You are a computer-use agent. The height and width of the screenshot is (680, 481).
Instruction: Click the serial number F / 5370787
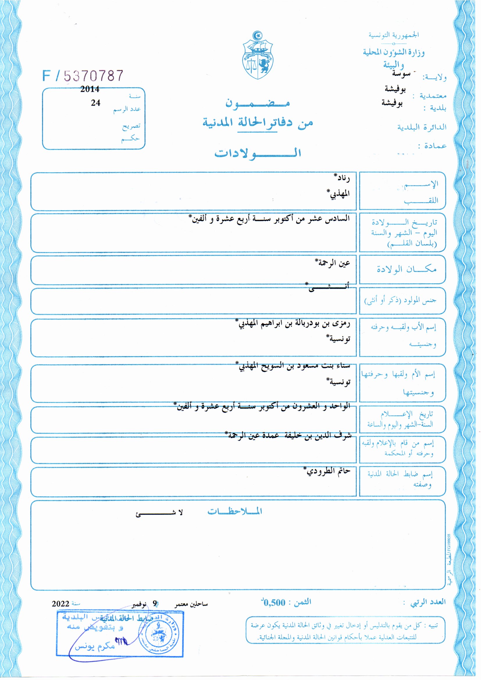click(83, 76)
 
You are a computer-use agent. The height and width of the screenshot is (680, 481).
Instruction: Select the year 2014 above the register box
click(90, 89)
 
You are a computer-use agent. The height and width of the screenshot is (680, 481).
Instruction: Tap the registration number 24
click(95, 103)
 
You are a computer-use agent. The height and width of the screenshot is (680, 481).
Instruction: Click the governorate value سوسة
click(401, 74)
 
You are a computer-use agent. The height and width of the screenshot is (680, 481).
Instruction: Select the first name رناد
click(342, 178)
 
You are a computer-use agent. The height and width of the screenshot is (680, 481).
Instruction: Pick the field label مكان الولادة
click(406, 269)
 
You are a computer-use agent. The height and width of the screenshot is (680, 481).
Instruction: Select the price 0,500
click(274, 602)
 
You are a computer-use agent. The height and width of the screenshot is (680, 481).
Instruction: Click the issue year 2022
click(60, 604)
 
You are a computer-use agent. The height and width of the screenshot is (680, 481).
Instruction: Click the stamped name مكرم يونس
click(95, 646)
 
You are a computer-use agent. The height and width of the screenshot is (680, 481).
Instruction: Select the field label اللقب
click(421, 200)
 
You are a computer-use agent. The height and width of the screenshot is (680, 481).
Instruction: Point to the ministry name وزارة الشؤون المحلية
click(394, 53)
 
